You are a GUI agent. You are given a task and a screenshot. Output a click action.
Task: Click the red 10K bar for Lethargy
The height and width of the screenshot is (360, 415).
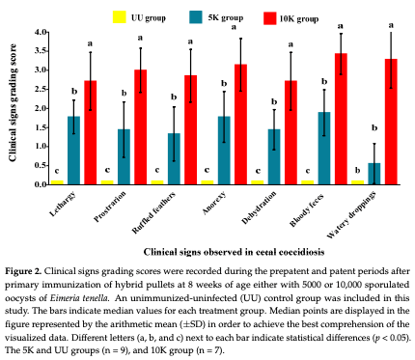click(x=90, y=132)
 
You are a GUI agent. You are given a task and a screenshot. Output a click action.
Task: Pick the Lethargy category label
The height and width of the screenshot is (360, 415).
click(x=64, y=202)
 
